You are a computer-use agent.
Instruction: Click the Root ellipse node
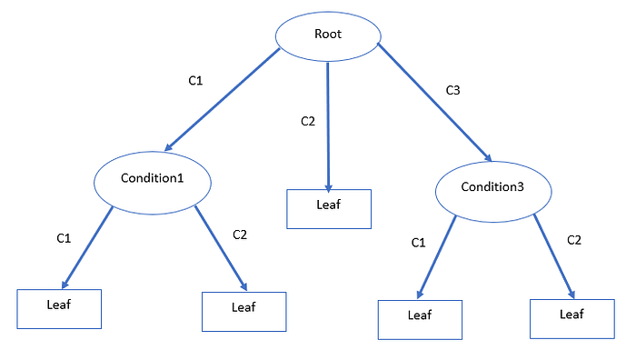(x=328, y=36)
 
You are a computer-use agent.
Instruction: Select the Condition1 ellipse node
(x=153, y=183)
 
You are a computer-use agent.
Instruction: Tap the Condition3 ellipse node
(x=493, y=192)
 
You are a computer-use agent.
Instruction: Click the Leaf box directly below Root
(x=329, y=209)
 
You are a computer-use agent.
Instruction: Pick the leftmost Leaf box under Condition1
(x=59, y=309)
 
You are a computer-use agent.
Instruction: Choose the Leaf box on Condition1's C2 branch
(x=244, y=312)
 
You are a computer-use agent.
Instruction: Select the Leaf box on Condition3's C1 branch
(x=420, y=320)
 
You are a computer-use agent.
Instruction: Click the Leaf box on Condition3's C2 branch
(x=571, y=319)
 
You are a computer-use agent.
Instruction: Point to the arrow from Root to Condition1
(x=223, y=99)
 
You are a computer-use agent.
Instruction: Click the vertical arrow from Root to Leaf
(x=328, y=127)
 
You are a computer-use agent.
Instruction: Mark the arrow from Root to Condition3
(x=434, y=103)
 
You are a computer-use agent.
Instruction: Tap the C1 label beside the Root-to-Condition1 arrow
(x=195, y=81)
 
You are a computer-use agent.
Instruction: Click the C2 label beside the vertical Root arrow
(x=308, y=121)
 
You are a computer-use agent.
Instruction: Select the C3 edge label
(x=452, y=90)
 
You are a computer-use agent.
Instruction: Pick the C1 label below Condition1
(x=64, y=238)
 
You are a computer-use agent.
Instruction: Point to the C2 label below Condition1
(x=240, y=235)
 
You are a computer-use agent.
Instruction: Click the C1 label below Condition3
(x=418, y=243)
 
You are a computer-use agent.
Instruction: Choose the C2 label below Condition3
(x=574, y=240)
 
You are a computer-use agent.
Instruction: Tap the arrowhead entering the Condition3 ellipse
(x=488, y=157)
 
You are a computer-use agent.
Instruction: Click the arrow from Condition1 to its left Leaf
(x=87, y=247)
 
